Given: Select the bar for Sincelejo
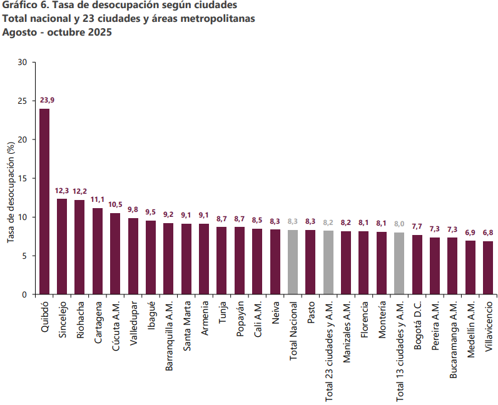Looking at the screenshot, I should pyautogui.click(x=62, y=246).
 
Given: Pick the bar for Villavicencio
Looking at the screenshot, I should pyautogui.click(x=488, y=267).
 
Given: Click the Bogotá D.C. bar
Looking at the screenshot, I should pyautogui.click(x=417, y=264).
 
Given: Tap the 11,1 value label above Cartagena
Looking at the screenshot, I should pyautogui.click(x=98, y=199).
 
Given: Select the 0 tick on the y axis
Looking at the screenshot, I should pyautogui.click(x=26, y=294).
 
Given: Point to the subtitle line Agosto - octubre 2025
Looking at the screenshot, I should pyautogui.click(x=56, y=32).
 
